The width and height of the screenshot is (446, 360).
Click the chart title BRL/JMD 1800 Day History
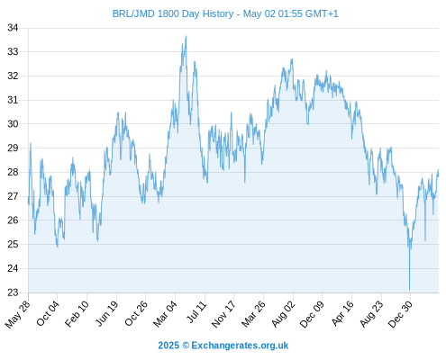(173, 13)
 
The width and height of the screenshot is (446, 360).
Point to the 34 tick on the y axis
(13, 28)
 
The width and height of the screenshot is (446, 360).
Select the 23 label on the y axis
(13, 292)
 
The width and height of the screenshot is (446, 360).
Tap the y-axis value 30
(13, 124)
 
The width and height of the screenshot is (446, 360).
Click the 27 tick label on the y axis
(13, 196)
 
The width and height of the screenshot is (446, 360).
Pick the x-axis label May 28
(18, 314)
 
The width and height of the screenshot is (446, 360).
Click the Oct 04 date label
(48, 313)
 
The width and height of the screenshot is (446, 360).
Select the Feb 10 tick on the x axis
(77, 313)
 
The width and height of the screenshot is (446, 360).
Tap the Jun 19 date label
(107, 313)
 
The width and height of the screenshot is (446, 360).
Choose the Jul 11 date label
(197, 311)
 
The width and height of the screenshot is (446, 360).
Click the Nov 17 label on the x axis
(223, 314)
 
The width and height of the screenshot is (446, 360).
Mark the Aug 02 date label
(284, 314)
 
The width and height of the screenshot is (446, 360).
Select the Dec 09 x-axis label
(313, 314)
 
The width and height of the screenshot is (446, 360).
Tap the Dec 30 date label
(401, 314)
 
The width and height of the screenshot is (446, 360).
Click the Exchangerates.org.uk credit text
(240, 346)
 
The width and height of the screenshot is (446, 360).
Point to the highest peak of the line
(186, 36)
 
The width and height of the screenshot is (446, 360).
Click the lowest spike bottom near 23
(409, 290)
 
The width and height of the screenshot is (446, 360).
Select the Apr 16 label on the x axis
(342, 313)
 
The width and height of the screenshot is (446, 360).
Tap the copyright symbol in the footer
(186, 346)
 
